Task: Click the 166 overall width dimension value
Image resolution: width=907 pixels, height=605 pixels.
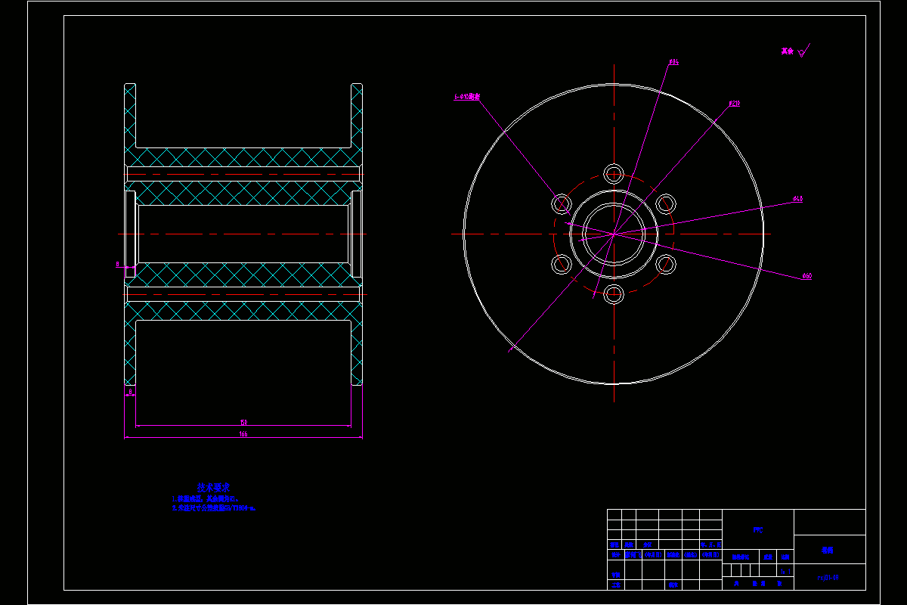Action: tap(243, 434)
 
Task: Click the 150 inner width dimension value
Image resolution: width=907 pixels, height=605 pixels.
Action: tap(243, 422)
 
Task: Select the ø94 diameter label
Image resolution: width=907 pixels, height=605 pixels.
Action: tap(673, 62)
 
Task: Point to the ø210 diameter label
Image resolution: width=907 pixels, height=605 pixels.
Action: tap(734, 104)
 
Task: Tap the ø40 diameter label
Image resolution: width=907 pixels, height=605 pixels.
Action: tap(797, 199)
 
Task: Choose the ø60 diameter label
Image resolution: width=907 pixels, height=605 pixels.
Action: tap(806, 276)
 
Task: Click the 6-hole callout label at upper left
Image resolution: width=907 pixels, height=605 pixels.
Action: tap(467, 98)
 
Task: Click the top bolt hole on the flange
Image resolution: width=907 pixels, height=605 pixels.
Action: tap(614, 173)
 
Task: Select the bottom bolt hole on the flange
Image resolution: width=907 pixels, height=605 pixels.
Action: tap(614, 293)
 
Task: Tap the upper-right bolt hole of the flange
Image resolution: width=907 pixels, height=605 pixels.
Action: tap(666, 203)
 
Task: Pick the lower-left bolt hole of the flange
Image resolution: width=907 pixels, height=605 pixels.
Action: tap(562, 264)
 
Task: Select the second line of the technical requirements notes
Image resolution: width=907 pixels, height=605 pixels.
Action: tap(213, 509)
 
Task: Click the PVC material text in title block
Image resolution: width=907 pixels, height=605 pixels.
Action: tap(758, 530)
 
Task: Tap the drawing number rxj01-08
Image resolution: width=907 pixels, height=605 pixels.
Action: tap(828, 577)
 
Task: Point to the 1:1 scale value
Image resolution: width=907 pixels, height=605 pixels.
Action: tap(785, 572)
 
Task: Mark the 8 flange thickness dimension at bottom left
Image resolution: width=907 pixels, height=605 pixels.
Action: tap(130, 391)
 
